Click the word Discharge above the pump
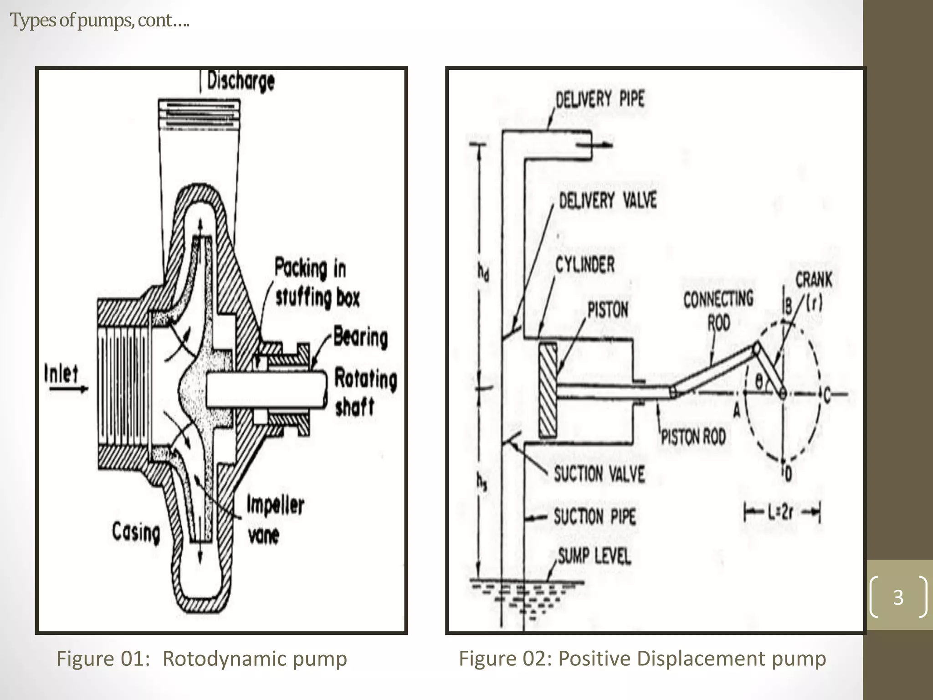(241, 82)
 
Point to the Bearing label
(360, 338)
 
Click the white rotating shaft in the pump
(267, 389)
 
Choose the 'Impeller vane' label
(275, 520)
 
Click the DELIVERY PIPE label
(600, 98)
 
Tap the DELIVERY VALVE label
(608, 201)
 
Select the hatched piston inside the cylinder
(548, 391)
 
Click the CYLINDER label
(584, 265)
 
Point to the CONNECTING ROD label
(718, 310)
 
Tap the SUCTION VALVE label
(599, 474)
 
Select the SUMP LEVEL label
(594, 556)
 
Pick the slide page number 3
(898, 597)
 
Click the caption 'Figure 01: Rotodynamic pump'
(201, 659)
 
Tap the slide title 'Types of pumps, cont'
(99, 21)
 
